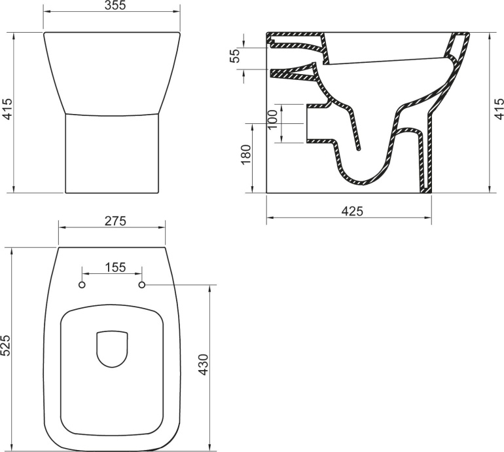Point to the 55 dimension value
point(235,56)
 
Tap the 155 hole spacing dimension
point(112,267)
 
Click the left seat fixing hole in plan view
point(82,285)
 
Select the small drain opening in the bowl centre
point(112,348)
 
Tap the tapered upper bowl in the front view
point(112,72)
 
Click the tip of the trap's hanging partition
point(358,149)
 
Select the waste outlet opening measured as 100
point(308,122)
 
